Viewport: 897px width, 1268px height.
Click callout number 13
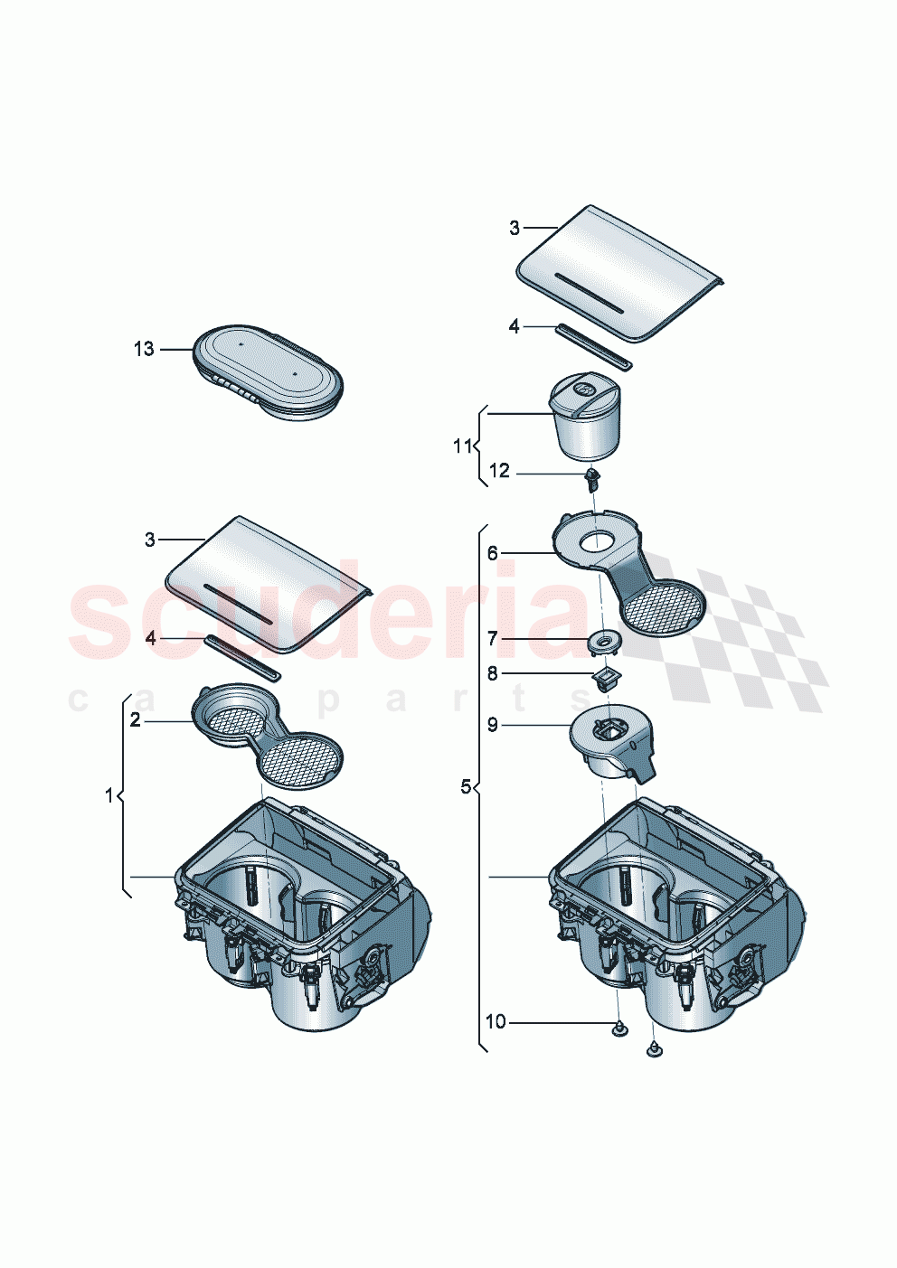click(144, 349)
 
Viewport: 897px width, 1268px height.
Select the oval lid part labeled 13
click(268, 383)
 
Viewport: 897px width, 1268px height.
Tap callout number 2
click(135, 720)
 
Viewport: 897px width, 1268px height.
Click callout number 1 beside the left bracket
click(110, 795)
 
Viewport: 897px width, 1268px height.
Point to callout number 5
click(467, 787)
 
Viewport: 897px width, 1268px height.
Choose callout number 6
click(493, 552)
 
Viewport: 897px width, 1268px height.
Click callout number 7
click(493, 639)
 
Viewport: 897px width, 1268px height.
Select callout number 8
click(493, 673)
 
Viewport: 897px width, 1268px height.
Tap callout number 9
click(493, 725)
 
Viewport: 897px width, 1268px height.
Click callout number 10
click(496, 1022)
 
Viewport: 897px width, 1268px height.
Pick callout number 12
click(499, 471)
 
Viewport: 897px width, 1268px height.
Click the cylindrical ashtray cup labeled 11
click(585, 419)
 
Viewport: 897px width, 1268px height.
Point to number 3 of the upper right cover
click(515, 228)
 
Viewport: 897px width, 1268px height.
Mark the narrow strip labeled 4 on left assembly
click(243, 657)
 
